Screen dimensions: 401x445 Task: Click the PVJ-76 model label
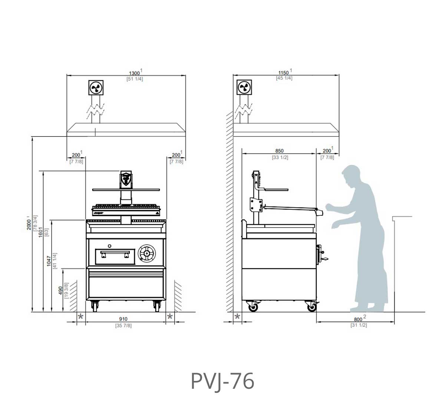222,381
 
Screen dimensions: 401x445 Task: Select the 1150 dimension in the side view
284,72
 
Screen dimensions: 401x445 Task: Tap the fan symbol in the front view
96,88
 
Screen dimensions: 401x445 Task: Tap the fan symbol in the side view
244,88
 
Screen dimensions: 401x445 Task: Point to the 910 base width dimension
123,319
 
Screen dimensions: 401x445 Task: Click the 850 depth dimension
279,151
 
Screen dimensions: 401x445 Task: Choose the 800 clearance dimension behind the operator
358,319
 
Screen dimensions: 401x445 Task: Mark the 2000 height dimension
29,224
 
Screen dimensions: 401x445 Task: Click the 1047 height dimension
49,260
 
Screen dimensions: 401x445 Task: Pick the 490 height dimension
60,290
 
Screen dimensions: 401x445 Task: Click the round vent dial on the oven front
146,253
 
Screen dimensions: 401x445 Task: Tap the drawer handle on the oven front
115,254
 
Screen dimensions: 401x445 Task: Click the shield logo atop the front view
126,179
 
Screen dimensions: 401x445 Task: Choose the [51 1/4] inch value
135,79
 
